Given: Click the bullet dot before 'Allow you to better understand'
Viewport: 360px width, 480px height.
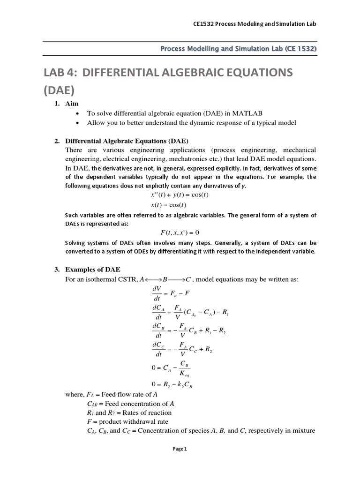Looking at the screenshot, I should tap(77, 123).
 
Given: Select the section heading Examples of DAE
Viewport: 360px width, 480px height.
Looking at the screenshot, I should tap(92, 270).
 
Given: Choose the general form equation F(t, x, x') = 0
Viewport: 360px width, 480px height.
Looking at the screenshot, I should tap(180, 232).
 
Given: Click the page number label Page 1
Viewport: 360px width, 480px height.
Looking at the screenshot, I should tap(180, 449).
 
